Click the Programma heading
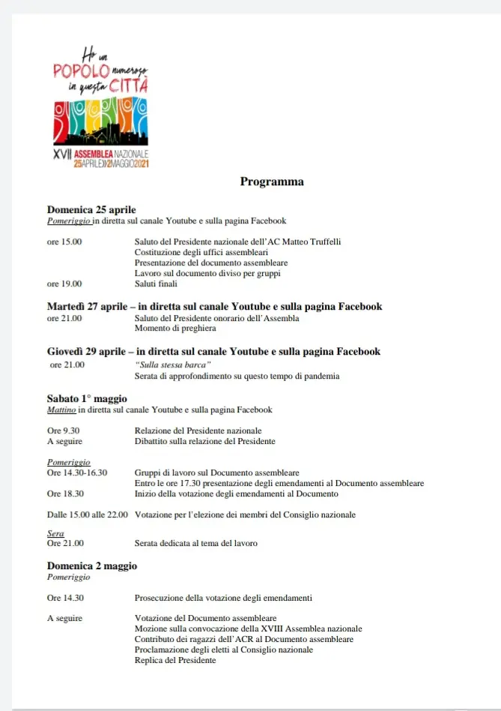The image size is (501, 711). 271,181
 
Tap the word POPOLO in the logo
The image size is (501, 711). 81,70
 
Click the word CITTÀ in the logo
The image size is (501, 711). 128,85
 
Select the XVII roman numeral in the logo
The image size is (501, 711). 61,153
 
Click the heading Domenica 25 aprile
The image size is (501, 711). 91,209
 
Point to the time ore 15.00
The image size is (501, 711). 64,241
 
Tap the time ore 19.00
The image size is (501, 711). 64,283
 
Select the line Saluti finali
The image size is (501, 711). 156,283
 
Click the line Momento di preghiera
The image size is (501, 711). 175,328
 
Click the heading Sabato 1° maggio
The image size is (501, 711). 88,397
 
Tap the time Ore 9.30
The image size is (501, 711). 64,430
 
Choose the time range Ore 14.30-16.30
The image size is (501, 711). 77,472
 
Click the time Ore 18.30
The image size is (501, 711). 65,493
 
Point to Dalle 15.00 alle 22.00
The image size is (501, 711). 87,514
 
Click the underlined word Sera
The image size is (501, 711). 55,533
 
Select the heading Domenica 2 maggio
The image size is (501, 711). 92,565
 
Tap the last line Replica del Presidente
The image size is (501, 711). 175,660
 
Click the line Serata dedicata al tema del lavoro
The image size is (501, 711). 195,543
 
